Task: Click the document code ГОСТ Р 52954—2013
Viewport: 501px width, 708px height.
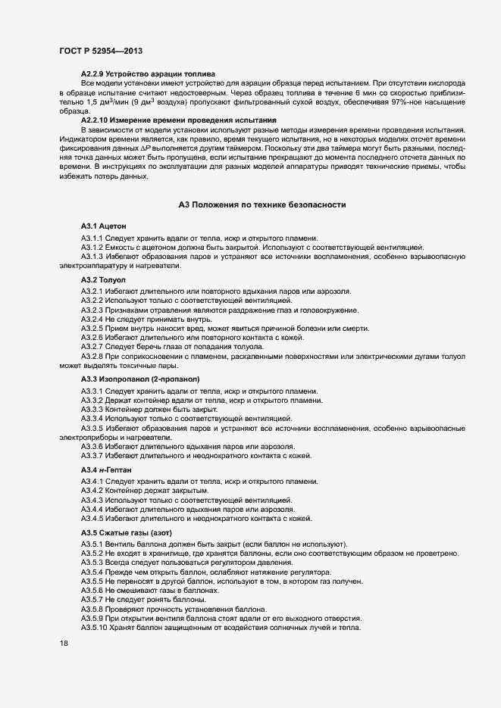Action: pyautogui.click(x=100, y=50)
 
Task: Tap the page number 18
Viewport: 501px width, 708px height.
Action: pyautogui.click(x=64, y=643)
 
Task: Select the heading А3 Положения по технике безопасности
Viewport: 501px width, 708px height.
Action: pyautogui.click(x=261, y=204)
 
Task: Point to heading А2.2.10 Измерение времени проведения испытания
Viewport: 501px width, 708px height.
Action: pyautogui.click(x=179, y=120)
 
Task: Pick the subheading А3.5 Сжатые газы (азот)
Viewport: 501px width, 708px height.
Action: pyautogui.click(x=121, y=533)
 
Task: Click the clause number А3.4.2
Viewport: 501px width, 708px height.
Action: pyautogui.click(x=92, y=491)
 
